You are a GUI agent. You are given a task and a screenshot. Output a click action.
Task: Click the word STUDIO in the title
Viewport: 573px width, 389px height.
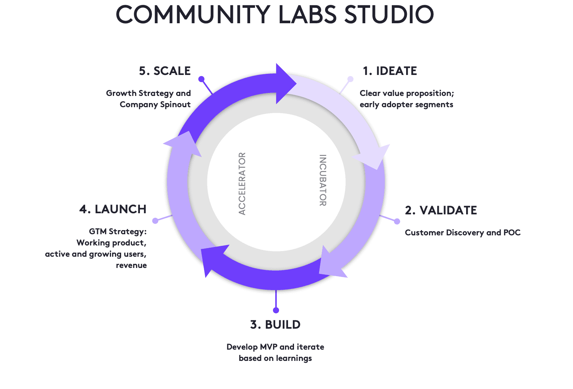[389, 15]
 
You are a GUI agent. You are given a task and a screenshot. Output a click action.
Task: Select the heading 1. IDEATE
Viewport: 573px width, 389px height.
[390, 71]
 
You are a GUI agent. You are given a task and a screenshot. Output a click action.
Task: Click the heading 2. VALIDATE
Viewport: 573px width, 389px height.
[441, 210]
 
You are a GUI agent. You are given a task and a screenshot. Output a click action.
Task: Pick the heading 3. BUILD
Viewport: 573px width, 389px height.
[275, 325]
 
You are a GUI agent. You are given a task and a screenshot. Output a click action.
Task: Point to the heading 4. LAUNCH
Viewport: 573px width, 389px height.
[113, 209]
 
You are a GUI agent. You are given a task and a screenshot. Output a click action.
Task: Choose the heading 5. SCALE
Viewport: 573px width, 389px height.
[165, 71]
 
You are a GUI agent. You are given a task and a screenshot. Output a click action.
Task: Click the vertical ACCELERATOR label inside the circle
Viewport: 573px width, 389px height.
[242, 183]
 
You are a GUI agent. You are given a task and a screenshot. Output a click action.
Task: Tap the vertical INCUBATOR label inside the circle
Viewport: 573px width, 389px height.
[322, 180]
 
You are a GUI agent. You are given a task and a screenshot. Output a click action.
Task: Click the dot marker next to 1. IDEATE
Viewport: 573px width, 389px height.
[350, 79]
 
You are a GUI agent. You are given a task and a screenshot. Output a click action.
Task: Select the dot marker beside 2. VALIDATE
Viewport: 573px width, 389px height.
[397, 221]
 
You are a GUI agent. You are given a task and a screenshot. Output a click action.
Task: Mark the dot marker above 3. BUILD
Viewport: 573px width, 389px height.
[276, 310]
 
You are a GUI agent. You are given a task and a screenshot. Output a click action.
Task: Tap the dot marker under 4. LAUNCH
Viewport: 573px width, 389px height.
[155, 221]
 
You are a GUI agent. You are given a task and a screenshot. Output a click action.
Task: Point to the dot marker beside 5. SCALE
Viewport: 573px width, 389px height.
[201, 79]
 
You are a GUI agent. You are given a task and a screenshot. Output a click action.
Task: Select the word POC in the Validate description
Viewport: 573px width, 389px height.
[512, 233]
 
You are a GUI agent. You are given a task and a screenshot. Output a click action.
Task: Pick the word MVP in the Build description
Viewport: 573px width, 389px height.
[269, 347]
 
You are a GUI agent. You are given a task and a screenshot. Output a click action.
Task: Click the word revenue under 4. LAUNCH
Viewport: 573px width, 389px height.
[131, 265]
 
